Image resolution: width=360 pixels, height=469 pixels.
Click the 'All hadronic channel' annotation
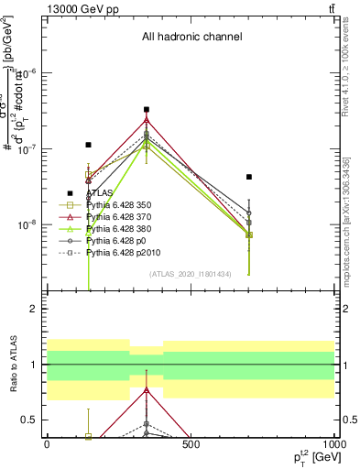(191, 38)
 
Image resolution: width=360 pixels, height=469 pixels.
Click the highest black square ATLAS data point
(147, 110)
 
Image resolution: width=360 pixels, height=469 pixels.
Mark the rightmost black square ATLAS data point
(249, 177)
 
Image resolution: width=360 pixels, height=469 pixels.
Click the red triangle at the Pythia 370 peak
(147, 120)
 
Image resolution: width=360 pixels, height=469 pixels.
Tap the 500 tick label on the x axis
(191, 444)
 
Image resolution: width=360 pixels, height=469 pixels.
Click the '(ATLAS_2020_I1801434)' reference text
(191, 274)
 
